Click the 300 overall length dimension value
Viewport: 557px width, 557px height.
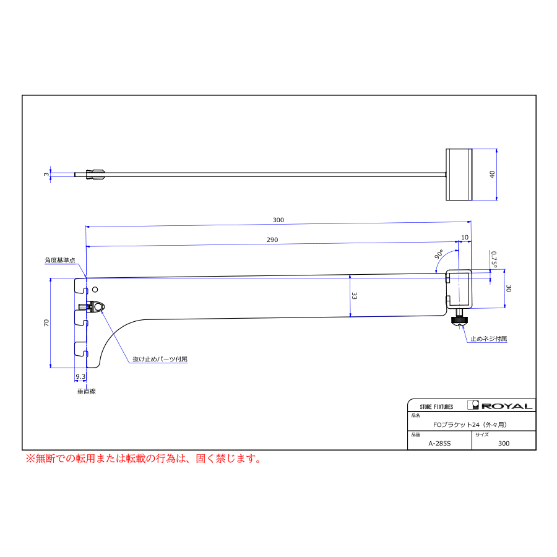tap(278, 220)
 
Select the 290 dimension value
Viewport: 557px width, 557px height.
tap(272, 240)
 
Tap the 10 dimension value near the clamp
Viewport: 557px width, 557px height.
tap(465, 237)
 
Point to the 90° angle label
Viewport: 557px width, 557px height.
tap(439, 254)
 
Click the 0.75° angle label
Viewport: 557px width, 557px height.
tap(494, 259)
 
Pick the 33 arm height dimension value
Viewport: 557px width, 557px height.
tap(354, 296)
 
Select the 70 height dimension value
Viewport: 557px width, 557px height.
tap(46, 322)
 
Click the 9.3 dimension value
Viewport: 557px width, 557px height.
tap(80, 376)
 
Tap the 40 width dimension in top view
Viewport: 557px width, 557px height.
tap(492, 175)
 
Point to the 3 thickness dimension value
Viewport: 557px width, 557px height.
tap(46, 175)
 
